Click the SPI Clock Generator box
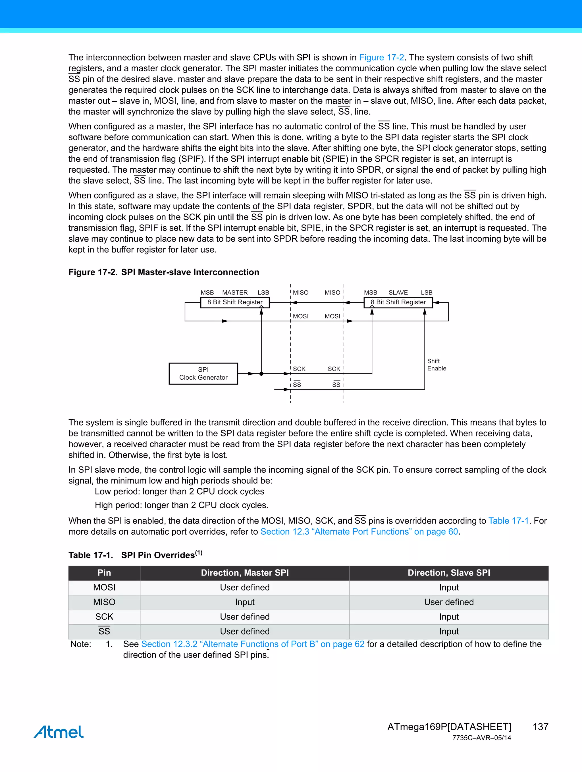click(203, 373)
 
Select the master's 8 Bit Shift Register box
click(235, 302)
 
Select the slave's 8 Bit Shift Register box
click(398, 302)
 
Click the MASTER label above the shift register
click(235, 292)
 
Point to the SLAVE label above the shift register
click(398, 292)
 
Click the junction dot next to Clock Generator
click(261, 374)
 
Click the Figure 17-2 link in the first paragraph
click(381, 57)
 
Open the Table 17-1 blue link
click(508, 521)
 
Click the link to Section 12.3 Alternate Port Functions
click(359, 532)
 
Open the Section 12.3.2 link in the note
click(253, 644)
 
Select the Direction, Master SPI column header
click(245, 573)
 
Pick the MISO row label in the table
click(104, 602)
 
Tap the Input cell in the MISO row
click(245, 602)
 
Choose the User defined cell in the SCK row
click(245, 617)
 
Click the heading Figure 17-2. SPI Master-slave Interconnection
click(163, 272)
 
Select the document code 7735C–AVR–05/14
click(481, 738)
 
